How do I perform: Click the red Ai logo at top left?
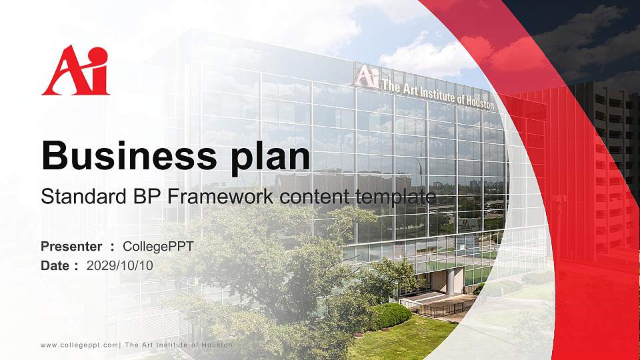[75, 70]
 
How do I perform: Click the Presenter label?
[71, 246]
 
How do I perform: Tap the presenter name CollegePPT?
[159, 246]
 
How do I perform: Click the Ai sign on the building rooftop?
[366, 76]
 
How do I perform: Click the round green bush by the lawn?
[391, 315]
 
